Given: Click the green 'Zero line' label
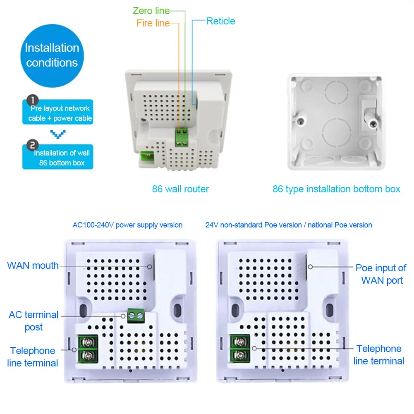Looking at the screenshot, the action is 151,11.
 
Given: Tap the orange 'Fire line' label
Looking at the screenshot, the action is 153,23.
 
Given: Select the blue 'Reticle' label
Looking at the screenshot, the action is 221,21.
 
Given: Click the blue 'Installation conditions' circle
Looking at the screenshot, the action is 52,56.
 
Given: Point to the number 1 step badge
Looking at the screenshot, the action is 33,101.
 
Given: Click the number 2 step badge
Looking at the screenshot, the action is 33,145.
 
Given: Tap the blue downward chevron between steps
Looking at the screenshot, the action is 58,134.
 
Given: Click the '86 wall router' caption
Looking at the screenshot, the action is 180,189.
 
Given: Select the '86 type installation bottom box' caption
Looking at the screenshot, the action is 336,189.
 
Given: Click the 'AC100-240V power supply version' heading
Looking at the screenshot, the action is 127,225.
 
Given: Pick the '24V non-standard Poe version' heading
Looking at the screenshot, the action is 254,225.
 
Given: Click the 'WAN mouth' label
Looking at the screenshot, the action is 33,266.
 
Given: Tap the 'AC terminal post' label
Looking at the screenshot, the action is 34,321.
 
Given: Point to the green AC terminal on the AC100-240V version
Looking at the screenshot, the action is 136,316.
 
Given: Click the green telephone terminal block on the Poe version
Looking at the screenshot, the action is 240,349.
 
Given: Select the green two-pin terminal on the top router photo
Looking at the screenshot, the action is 182,137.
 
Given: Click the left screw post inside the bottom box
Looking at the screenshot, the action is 301,121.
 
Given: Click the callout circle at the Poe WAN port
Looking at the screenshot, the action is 311,267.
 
